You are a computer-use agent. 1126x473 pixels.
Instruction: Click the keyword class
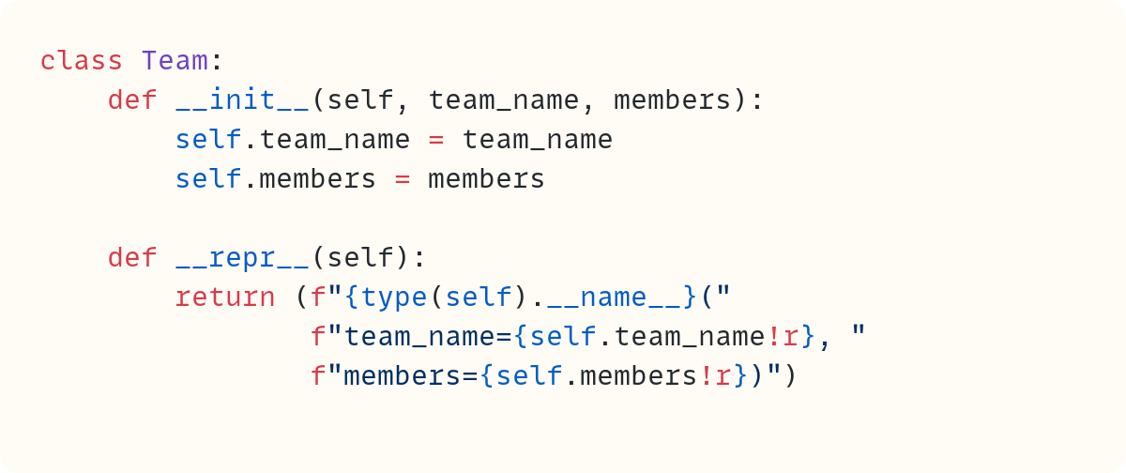coord(81,61)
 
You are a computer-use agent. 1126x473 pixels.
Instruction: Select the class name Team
coord(175,61)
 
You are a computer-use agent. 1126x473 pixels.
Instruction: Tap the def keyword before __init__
coord(132,100)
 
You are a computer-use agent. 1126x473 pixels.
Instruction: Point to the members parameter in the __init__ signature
coord(672,100)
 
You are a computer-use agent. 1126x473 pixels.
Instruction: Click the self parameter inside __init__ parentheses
coord(360,100)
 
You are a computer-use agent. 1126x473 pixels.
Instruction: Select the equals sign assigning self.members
coord(402,179)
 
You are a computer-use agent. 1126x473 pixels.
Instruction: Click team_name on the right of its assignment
coord(537,140)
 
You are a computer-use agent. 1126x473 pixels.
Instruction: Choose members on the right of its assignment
coord(486,179)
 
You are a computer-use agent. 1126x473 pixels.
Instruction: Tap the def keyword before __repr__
coord(132,258)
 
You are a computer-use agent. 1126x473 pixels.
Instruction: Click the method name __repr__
coord(242,258)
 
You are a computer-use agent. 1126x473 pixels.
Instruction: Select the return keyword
coord(225,298)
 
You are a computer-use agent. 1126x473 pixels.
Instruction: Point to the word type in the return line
coord(394,298)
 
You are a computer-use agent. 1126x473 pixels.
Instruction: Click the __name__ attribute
coord(613,298)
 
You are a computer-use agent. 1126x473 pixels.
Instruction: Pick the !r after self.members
coord(714,376)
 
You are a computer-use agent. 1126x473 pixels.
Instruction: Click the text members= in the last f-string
coord(410,376)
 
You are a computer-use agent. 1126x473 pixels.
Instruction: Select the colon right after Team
coord(217,61)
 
